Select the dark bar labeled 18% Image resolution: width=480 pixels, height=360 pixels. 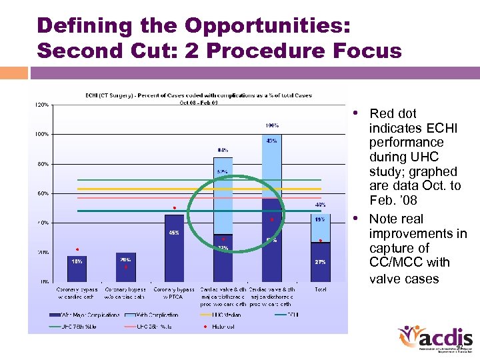(x=77, y=268)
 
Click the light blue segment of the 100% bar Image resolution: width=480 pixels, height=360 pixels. (x=271, y=167)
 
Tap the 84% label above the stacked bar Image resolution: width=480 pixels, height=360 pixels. (x=223, y=150)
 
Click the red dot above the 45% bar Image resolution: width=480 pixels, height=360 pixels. (x=175, y=207)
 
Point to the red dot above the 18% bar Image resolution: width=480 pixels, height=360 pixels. (x=77, y=249)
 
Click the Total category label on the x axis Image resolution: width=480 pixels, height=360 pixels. (x=320, y=290)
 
